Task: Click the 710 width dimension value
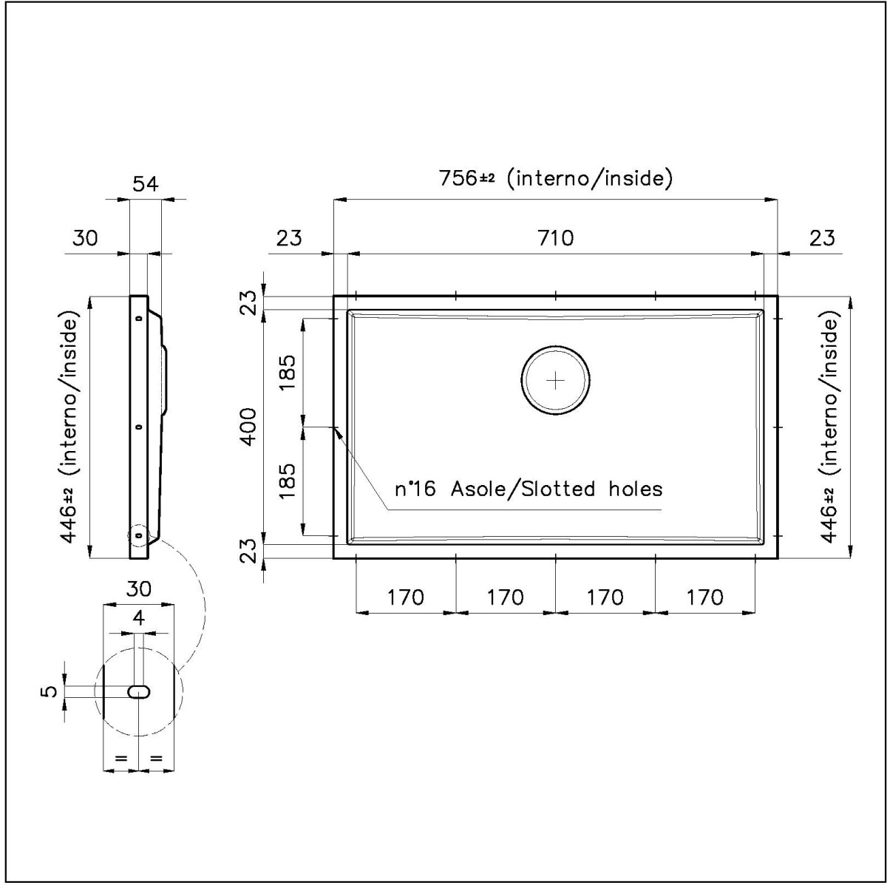pos(556,239)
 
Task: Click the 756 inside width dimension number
pos(458,177)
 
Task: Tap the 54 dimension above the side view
pos(146,184)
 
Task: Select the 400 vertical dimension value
pos(248,427)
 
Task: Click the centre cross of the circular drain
pos(556,381)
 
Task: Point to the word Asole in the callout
pos(478,489)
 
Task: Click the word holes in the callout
pos(635,489)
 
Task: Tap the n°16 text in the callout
pos(415,489)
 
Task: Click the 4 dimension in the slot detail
pos(138,618)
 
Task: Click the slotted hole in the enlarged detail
pos(138,691)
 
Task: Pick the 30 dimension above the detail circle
pos(138,589)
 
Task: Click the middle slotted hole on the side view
pos(138,427)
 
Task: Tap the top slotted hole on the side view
pos(138,318)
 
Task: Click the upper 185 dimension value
pos(288,372)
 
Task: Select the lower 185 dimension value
pos(288,481)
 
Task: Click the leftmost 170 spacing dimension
pos(406,597)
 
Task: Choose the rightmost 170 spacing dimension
pos(704,597)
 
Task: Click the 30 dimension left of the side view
pos(85,239)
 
